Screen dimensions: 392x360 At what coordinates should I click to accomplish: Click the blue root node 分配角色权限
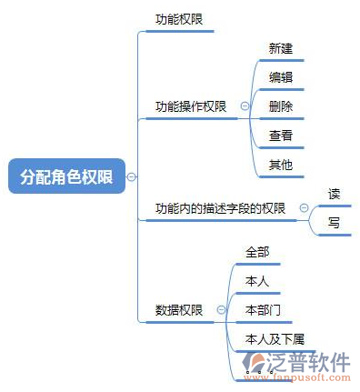(x=66, y=176)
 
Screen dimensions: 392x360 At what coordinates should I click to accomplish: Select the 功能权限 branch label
(x=179, y=18)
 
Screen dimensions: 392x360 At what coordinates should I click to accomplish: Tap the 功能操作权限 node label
(x=191, y=106)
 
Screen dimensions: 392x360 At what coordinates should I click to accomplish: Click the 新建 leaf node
(x=281, y=48)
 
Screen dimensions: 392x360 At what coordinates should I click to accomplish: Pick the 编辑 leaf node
(x=281, y=77)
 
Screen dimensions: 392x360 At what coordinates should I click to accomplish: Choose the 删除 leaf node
(x=281, y=106)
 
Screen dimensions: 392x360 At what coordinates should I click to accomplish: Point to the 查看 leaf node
(x=281, y=136)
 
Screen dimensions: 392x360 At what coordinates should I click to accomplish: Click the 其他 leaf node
(x=281, y=165)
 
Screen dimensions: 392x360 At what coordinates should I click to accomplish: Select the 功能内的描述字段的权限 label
(x=220, y=208)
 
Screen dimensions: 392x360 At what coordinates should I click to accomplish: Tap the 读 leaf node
(x=334, y=193)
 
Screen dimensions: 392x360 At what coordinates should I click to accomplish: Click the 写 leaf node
(x=334, y=222)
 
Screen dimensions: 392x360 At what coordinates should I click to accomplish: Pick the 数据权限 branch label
(x=179, y=310)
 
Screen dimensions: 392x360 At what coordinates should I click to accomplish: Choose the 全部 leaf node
(x=257, y=252)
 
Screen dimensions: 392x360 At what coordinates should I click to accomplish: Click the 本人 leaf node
(x=257, y=281)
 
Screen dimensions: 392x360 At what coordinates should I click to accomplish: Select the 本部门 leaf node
(x=263, y=310)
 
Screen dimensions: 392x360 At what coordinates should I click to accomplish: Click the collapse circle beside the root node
(x=133, y=176)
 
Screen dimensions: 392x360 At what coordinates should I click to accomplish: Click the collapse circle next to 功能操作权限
(x=244, y=106)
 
